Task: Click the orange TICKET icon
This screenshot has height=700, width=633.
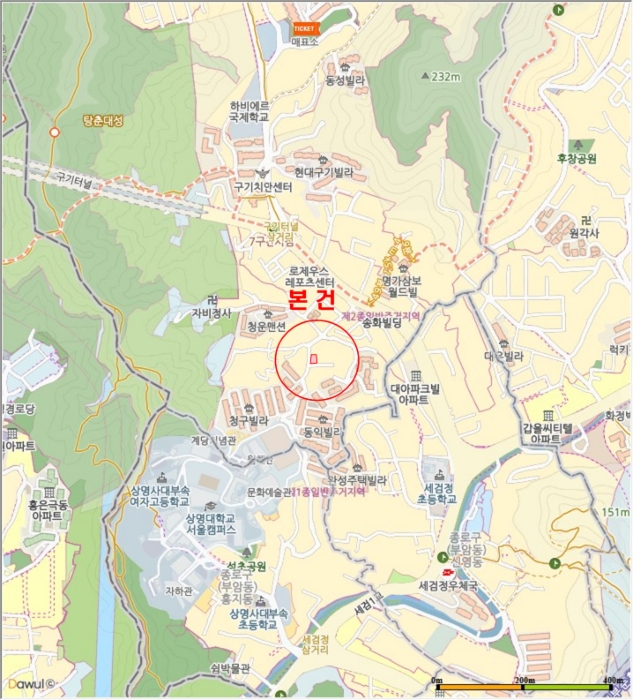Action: pyautogui.click(x=303, y=28)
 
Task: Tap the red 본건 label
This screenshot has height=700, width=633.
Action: pyautogui.click(x=311, y=299)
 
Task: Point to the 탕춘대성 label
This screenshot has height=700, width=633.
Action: pyautogui.click(x=103, y=121)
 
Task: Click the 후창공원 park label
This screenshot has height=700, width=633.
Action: pyautogui.click(x=577, y=159)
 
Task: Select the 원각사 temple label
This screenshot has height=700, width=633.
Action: pyautogui.click(x=582, y=231)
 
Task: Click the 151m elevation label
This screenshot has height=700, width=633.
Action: pyautogui.click(x=617, y=512)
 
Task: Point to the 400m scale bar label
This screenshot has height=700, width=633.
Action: pyautogui.click(x=613, y=681)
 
